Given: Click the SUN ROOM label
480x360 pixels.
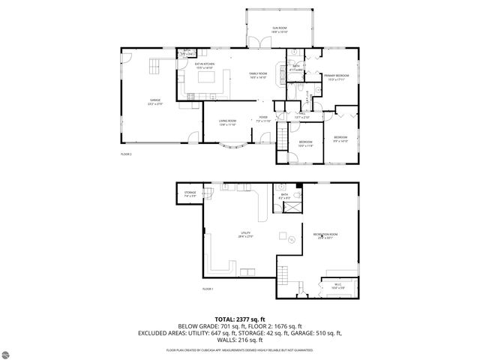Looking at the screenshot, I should click(279, 29).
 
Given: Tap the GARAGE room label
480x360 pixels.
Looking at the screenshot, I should click(155, 100).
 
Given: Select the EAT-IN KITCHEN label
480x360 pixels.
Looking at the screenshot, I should click(205, 65).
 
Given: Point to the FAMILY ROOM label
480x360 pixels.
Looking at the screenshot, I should click(259, 74).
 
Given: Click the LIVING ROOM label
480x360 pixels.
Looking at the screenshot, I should click(227, 122).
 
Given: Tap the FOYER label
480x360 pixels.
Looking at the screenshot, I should click(263, 118).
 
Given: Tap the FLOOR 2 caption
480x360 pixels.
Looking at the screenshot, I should click(125, 154).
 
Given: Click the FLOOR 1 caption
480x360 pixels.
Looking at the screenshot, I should click(208, 289).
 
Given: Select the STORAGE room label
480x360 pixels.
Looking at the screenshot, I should click(190, 193).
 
